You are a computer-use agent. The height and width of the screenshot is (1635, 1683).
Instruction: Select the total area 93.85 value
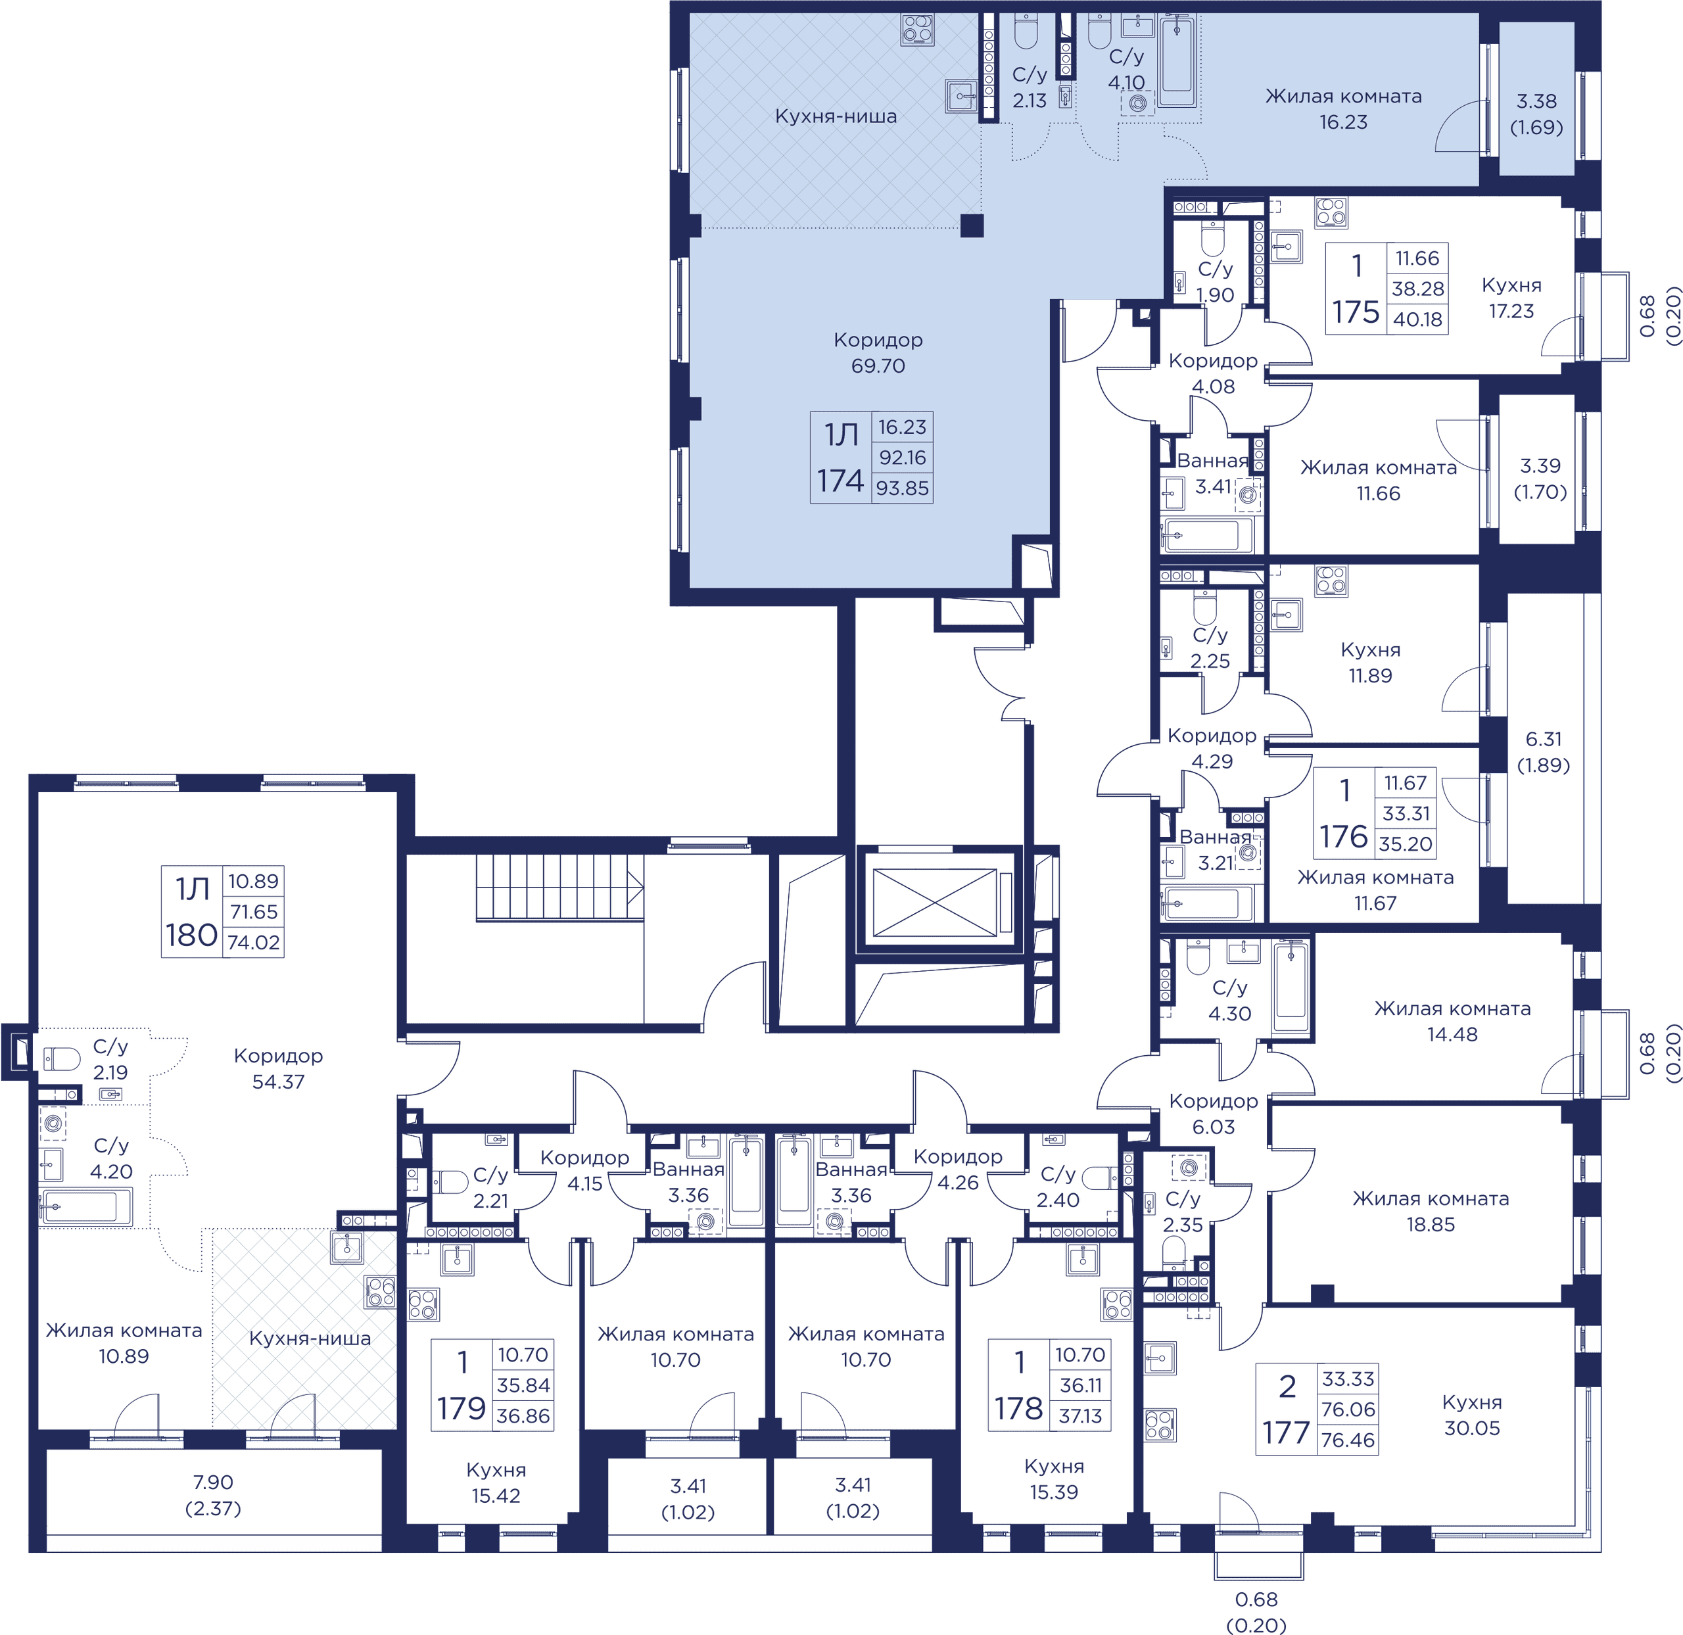[903, 488]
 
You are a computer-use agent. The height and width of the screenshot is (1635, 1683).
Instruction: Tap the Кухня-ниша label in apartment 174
[836, 116]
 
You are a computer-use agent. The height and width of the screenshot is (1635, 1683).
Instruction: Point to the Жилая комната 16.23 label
[1343, 109]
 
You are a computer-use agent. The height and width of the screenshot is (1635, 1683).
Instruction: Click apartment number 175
[1356, 312]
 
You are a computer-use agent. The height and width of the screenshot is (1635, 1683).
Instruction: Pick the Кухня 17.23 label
[1511, 298]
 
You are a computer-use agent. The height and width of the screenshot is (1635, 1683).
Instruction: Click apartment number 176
[1344, 836]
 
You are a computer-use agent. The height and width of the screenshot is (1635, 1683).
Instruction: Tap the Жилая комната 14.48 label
[1452, 1021]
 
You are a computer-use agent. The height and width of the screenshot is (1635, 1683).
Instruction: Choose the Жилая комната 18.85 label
[1431, 1211]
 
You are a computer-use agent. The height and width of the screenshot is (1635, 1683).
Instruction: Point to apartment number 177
[1287, 1433]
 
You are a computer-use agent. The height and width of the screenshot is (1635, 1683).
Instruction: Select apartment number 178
[1018, 1408]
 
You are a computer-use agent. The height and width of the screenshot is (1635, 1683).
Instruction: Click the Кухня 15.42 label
[496, 1482]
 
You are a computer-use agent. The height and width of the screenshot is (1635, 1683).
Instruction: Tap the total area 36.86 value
[523, 1416]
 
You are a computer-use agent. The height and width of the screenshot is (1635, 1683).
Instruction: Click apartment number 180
[191, 934]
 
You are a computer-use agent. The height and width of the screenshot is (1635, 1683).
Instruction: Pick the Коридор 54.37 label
[278, 1068]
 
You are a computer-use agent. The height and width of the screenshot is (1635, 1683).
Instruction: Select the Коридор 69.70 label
[878, 352]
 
